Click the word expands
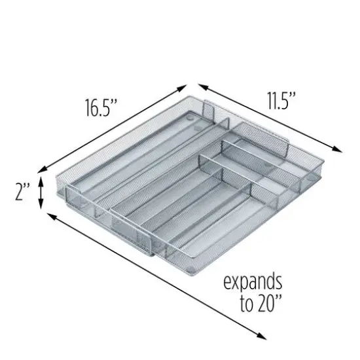[253, 282]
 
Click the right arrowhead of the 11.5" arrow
[342, 150]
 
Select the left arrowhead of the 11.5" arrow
[199, 86]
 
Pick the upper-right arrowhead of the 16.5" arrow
[187, 85]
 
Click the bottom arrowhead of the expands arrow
[266, 338]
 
